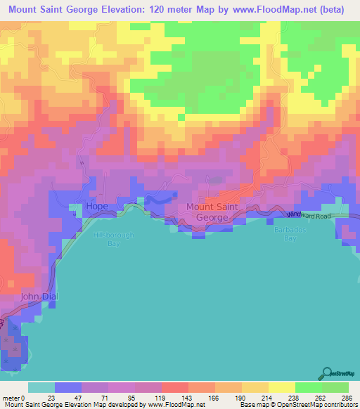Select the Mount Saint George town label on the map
(217, 212)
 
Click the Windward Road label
(313, 216)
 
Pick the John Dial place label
(39, 297)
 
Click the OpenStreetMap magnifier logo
(328, 373)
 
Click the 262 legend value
(320, 398)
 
